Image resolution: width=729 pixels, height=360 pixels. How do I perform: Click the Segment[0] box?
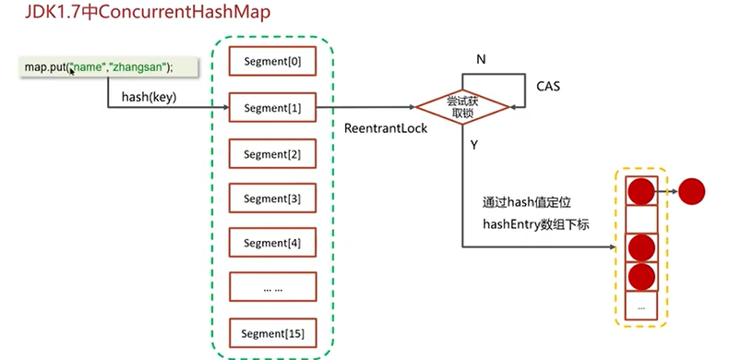tap(272, 61)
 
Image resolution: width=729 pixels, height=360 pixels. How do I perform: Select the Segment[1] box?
tap(272, 108)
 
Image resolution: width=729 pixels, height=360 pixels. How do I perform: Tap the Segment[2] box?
tap(272, 153)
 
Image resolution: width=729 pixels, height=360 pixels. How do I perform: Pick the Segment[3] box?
tap(272, 198)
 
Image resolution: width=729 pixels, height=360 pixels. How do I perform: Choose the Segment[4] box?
tap(272, 243)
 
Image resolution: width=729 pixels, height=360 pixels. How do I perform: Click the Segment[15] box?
tap(272, 333)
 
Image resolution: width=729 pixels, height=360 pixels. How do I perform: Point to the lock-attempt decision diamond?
tap(462, 107)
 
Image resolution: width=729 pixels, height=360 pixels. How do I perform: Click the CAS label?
tap(548, 86)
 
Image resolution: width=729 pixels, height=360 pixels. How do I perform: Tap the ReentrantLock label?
tap(386, 128)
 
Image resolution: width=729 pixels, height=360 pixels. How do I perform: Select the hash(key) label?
tap(149, 97)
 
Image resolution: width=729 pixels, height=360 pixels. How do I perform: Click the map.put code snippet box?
tap(109, 67)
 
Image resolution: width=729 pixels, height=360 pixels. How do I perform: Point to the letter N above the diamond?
tap(481, 60)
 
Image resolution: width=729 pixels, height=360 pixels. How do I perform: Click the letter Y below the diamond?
tap(474, 146)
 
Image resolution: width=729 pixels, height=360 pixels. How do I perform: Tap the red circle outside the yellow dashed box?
tap(692, 192)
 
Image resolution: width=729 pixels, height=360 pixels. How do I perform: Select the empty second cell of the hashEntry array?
tap(641, 220)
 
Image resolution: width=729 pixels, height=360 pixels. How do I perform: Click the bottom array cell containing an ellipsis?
tap(641, 306)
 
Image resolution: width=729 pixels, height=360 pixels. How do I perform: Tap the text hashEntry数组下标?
tap(536, 225)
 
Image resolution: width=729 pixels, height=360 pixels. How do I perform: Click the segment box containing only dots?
tap(272, 288)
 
